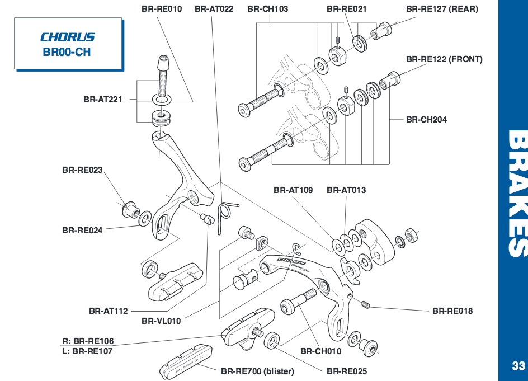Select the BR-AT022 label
click(214, 9)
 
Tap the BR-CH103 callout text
click(267, 9)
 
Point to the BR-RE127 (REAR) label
click(442, 9)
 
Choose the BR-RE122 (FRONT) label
click(444, 59)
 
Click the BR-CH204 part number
click(427, 119)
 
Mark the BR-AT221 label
click(103, 100)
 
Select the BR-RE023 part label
click(82, 170)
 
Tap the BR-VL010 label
click(161, 321)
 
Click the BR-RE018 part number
click(452, 311)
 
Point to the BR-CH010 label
click(320, 351)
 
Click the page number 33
click(518, 366)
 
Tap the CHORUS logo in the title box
click(68, 37)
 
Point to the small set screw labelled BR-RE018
click(367, 304)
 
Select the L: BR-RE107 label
click(87, 351)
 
